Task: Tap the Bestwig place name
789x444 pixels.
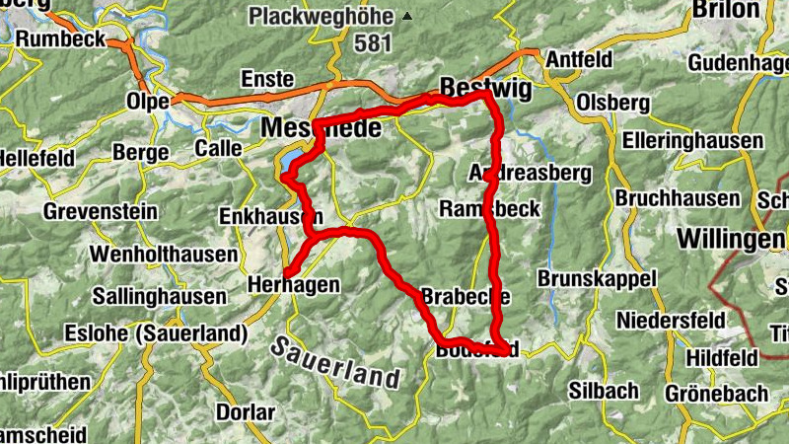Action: coord(486,88)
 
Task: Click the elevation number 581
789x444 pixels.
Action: coord(375,43)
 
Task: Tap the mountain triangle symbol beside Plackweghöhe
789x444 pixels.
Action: coord(407,17)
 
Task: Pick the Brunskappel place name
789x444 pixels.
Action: coord(597,279)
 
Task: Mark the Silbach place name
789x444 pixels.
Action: coord(604,391)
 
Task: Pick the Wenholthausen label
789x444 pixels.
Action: coord(164,255)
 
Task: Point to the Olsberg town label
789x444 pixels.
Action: coord(613,103)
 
